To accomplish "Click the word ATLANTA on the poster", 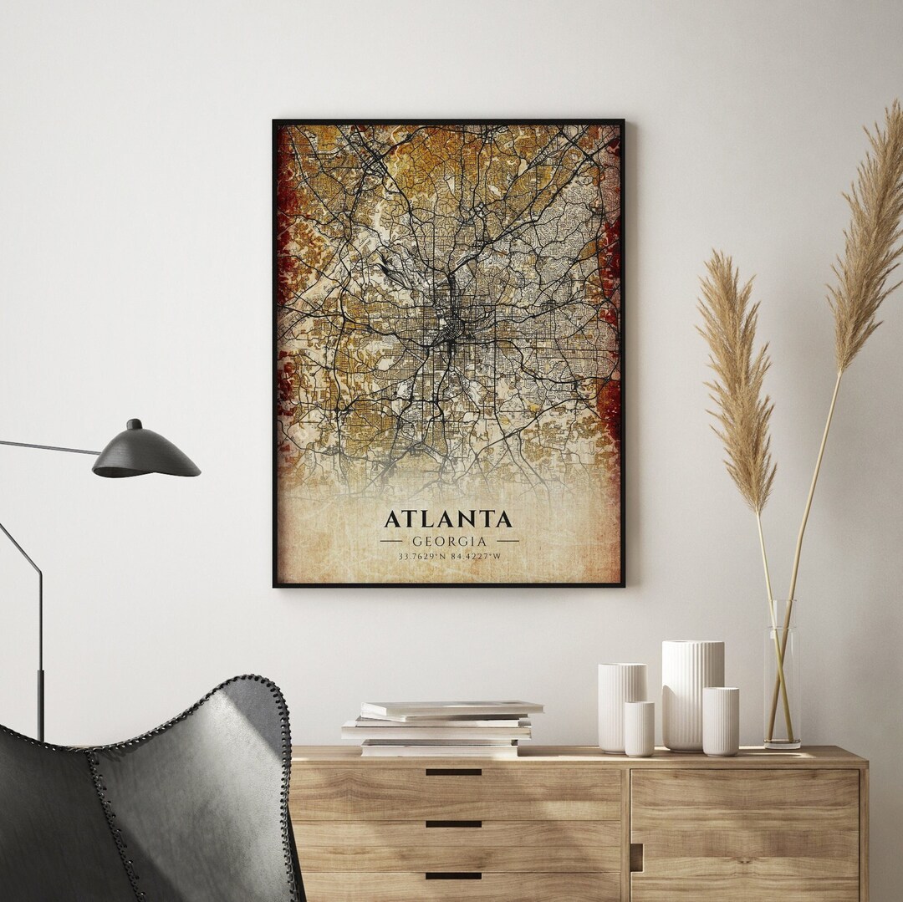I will [448, 519].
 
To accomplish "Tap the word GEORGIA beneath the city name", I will [449, 541].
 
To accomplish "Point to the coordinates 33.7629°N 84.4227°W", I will [449, 556].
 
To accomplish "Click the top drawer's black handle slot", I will [453, 772].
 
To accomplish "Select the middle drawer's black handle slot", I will [453, 823].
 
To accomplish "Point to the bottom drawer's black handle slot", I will [453, 876].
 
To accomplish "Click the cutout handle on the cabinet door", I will [637, 857].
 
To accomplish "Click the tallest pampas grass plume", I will [865, 242].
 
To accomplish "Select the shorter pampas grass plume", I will [736, 376].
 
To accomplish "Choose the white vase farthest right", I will [720, 721].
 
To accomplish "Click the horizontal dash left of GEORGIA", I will [390, 541].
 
